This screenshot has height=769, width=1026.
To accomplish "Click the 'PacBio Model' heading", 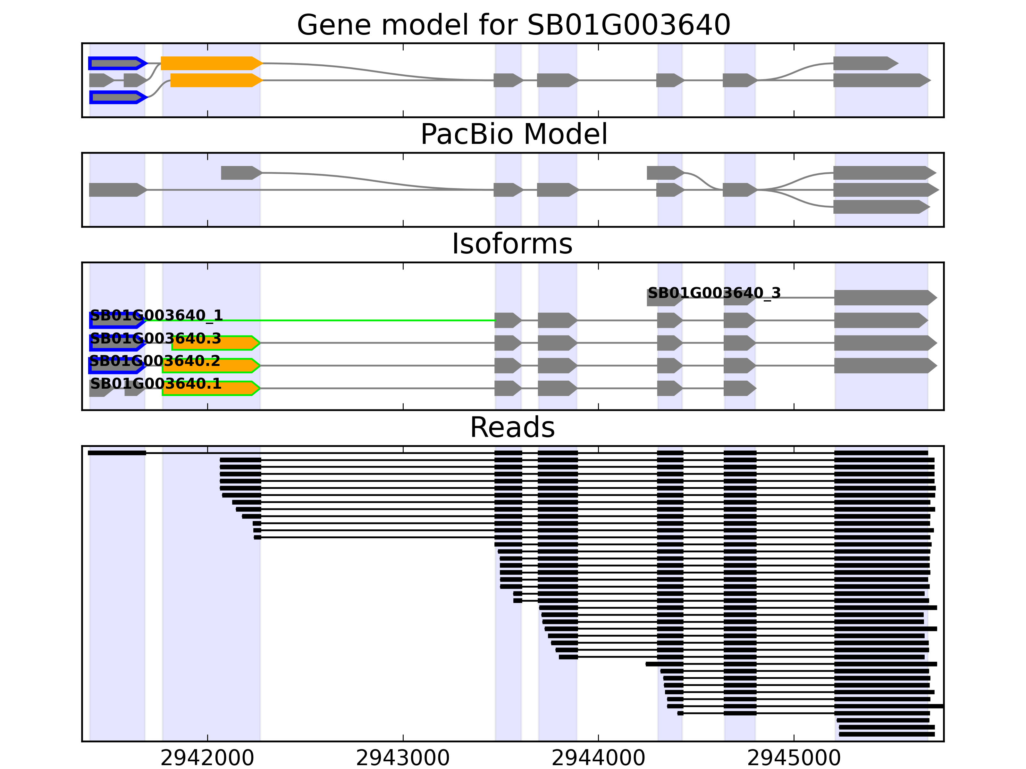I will pyautogui.click(x=513, y=135).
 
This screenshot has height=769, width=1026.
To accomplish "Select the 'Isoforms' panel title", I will pyautogui.click(x=512, y=244).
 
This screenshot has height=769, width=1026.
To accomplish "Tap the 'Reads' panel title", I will pyautogui.click(x=512, y=427).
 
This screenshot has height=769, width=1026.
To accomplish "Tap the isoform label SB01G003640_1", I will pyautogui.click(x=156, y=315).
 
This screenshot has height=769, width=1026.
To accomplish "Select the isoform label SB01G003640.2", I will pyautogui.click(x=155, y=361).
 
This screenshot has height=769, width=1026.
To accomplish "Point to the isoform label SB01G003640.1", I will pyautogui.click(x=156, y=384).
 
